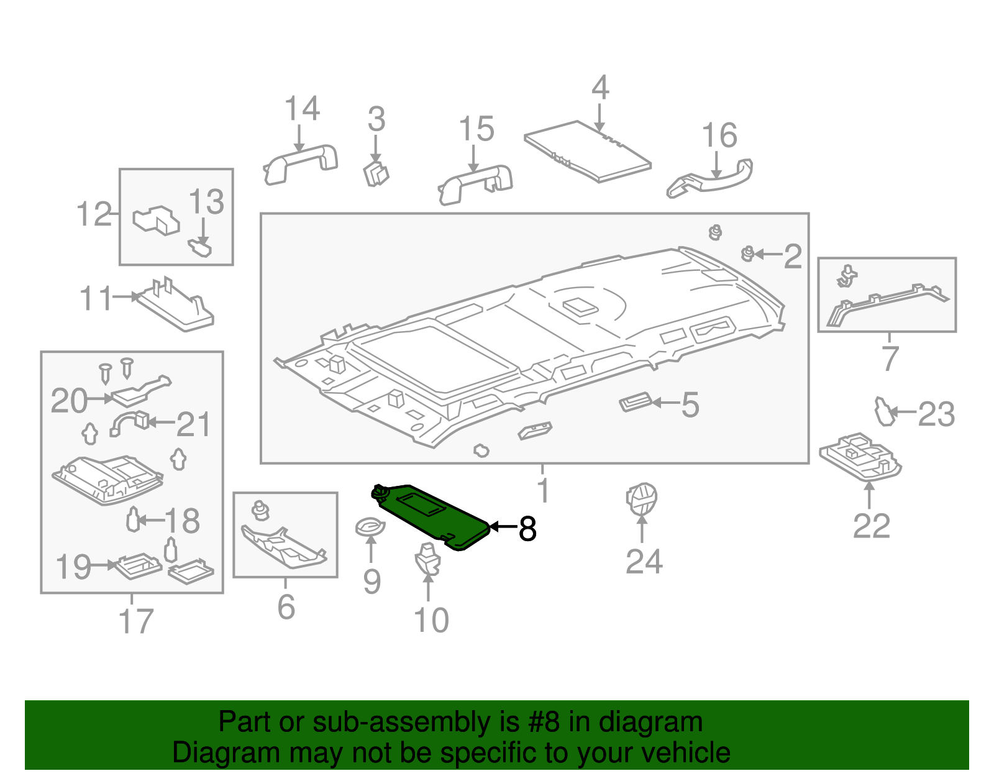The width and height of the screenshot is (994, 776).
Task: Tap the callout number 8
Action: point(527,529)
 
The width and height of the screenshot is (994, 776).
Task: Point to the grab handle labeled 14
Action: point(301,163)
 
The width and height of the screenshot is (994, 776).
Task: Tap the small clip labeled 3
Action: point(375,173)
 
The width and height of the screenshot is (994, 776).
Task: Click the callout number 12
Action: point(93,214)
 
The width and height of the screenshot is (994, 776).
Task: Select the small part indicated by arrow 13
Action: point(200,248)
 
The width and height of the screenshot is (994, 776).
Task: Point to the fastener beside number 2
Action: point(748,253)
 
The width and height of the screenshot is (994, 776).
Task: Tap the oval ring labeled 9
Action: point(370,527)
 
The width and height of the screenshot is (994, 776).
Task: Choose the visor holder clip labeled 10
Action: point(427,557)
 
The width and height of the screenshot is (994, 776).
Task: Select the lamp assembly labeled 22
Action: point(860,458)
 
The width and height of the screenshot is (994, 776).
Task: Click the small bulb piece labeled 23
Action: point(884,411)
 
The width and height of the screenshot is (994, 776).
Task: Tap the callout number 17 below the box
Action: point(135,621)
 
